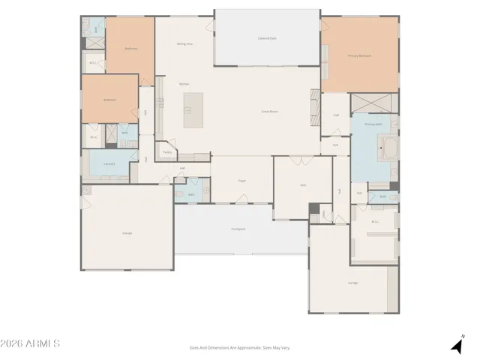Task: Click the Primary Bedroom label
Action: [x=359, y=55]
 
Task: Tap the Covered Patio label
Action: [x=267, y=37]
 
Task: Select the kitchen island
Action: [x=193, y=110]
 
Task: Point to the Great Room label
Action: [x=269, y=111]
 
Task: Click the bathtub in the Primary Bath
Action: [x=388, y=147]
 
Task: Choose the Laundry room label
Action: [x=109, y=163]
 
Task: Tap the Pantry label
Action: [x=166, y=151]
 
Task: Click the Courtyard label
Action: [x=238, y=229]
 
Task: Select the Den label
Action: [x=303, y=184]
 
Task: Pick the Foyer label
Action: [x=242, y=181]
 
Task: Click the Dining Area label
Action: [x=184, y=44]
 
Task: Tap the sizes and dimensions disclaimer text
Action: [x=239, y=347]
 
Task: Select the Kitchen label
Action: [x=184, y=84]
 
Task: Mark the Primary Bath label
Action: [x=373, y=124]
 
